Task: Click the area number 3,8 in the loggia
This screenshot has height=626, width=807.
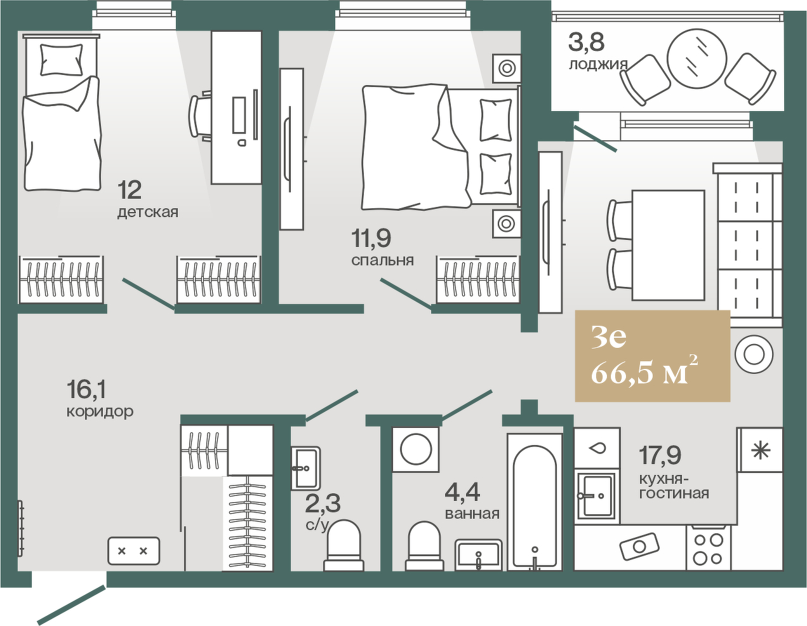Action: pos(587,42)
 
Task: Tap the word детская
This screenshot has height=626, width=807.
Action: pos(148,213)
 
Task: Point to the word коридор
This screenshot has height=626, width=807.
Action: pos(100,412)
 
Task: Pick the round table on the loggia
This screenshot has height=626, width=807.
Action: pos(697,58)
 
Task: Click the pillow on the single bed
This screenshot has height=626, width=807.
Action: pos(62,60)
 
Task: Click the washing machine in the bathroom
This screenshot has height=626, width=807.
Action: pos(416,450)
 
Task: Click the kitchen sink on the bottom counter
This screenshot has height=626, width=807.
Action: pos(639,547)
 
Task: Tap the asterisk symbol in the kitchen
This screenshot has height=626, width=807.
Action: pos(761,451)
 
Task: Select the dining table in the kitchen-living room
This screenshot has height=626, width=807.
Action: pos(668,245)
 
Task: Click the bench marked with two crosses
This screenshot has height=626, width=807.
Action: pos(134,551)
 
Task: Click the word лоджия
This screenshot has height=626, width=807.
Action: pos(598,65)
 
